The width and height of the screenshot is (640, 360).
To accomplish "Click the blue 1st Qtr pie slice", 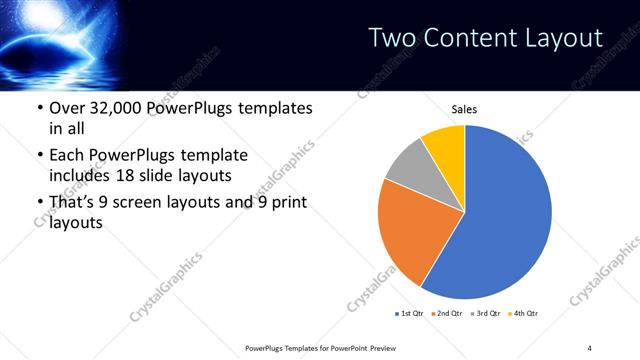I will point(505,220).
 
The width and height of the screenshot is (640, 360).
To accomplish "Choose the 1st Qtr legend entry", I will point(410,313).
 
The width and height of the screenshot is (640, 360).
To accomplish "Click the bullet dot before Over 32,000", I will point(39,108).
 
